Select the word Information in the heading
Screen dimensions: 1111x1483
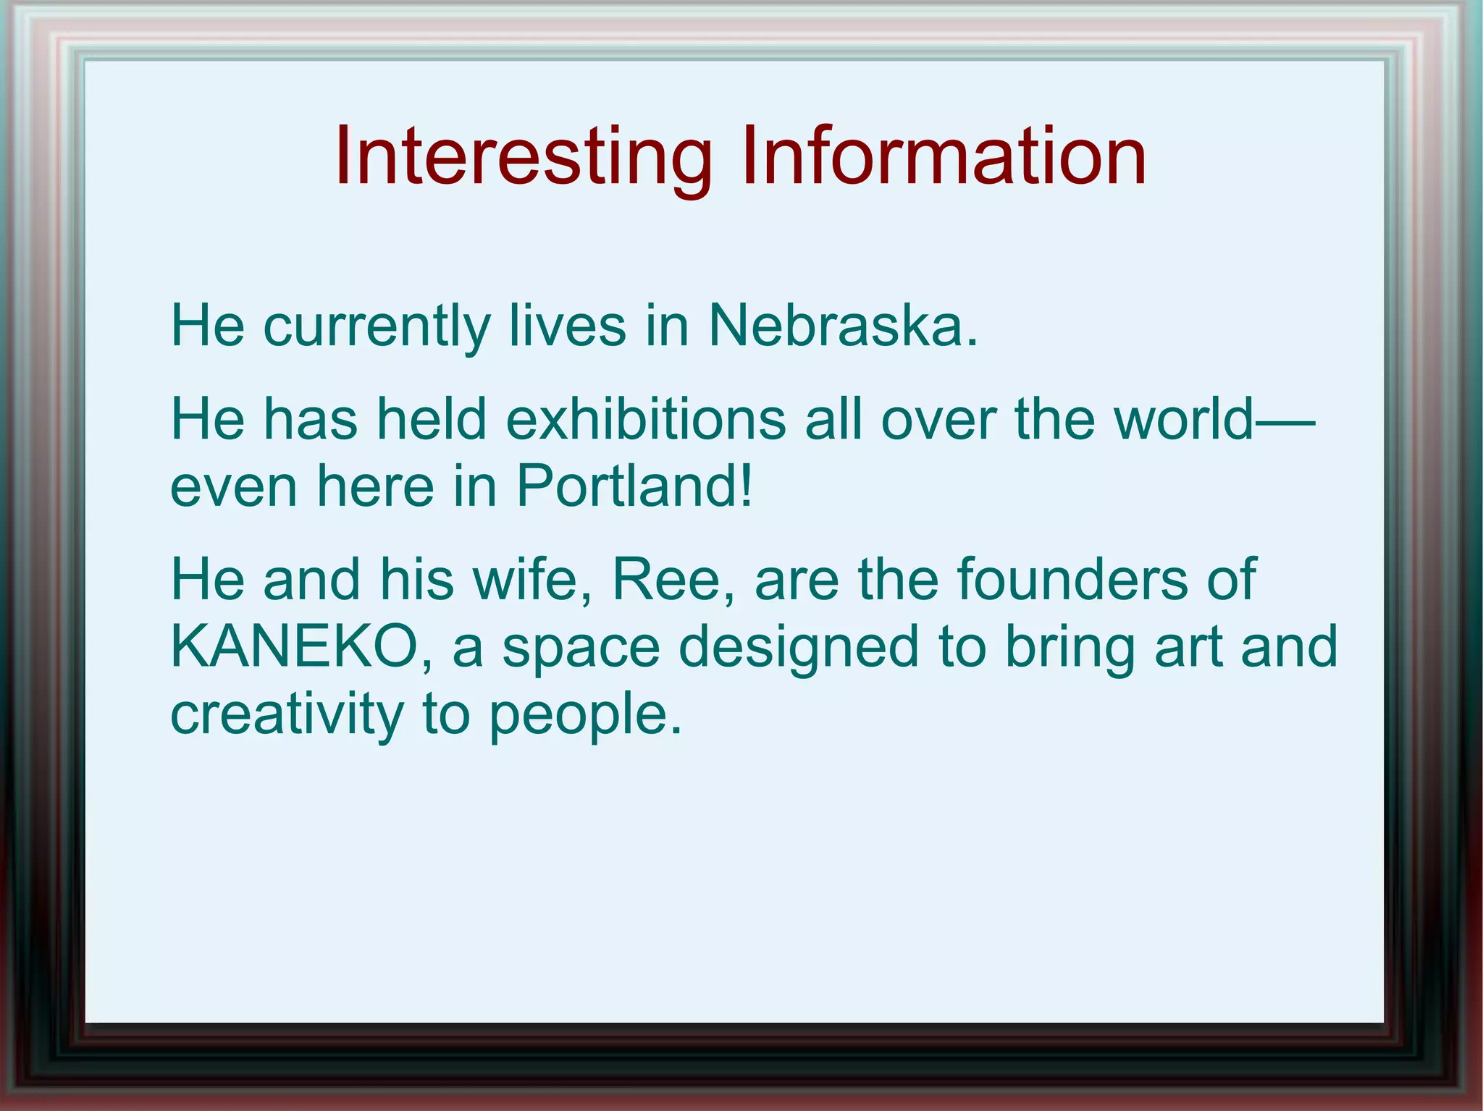pos(943,156)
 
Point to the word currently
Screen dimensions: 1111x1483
pos(377,327)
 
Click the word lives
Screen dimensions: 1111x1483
pos(567,326)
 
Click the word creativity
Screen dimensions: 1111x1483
pos(287,714)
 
